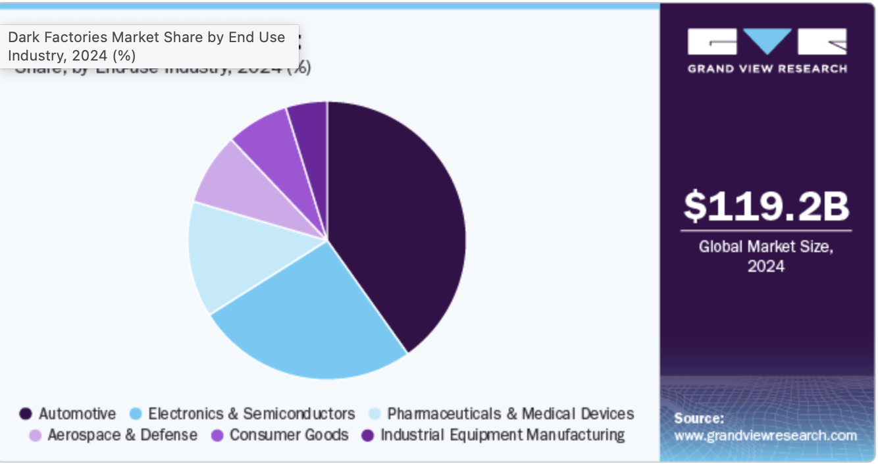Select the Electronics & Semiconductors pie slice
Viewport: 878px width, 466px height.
point(309,316)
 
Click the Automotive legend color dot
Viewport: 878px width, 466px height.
point(26,414)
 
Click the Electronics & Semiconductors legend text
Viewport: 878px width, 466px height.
point(251,414)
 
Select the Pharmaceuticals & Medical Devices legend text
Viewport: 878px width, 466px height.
point(511,414)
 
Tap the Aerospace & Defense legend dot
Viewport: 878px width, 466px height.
point(35,435)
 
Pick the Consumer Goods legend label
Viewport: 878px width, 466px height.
point(289,435)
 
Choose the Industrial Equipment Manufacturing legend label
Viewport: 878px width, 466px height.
point(503,435)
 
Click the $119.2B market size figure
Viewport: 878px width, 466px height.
point(766,205)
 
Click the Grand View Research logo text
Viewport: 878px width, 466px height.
point(767,68)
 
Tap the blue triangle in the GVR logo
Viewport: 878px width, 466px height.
point(767,41)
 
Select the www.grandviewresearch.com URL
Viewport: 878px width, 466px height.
point(765,435)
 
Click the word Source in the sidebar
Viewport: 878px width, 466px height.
point(698,418)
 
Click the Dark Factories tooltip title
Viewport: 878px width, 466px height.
point(146,46)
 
